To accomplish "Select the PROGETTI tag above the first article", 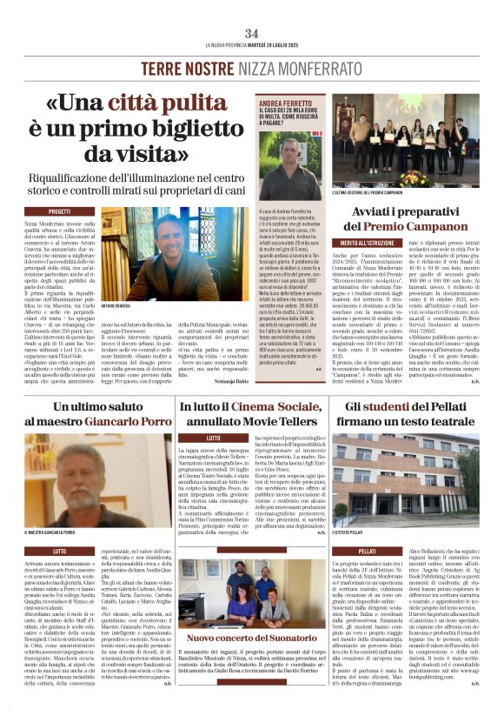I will pyautogui.click(x=60, y=211).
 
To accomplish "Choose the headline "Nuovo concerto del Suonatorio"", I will pyautogui.click(x=251, y=639).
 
